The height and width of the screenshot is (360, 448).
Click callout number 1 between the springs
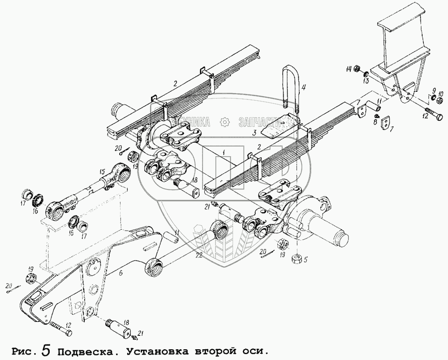[x=222, y=153]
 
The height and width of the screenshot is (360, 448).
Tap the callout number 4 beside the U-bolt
[x=303, y=87]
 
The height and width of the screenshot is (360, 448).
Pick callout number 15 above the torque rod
[x=102, y=170]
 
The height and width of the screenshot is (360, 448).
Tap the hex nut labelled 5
[x=297, y=258]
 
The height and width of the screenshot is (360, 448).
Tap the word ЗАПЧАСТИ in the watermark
[x=259, y=122]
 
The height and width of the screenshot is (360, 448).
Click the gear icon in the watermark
[x=225, y=122]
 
